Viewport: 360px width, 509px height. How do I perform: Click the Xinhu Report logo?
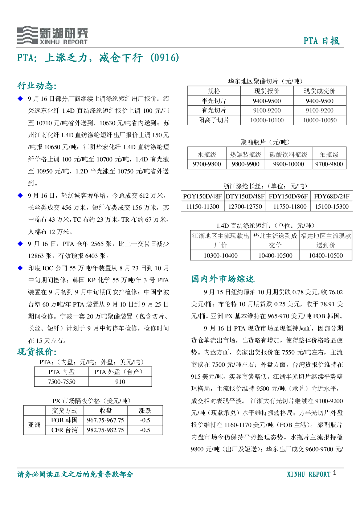click(52, 35)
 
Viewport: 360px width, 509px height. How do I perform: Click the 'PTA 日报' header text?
click(322, 41)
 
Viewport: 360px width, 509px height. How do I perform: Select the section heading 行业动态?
click(37, 86)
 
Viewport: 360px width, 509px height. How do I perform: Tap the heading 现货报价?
click(37, 352)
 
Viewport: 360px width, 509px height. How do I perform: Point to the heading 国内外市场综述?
click(223, 279)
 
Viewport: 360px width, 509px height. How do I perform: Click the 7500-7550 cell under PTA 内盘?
click(62, 382)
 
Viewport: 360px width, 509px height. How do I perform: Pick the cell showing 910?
click(120, 382)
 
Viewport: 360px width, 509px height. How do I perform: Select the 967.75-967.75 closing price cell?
click(106, 420)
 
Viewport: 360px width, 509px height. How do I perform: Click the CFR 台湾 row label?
click(65, 430)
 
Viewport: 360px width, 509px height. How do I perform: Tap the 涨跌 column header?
click(145, 411)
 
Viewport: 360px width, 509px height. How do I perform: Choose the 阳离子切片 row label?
click(214, 120)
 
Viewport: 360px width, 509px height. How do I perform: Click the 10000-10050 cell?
click(320, 120)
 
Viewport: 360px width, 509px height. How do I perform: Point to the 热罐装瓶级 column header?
click(245, 155)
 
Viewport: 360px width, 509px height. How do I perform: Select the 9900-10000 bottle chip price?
click(289, 164)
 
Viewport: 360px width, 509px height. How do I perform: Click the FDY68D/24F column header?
click(332, 196)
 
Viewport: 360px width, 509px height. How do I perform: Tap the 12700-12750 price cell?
click(245, 206)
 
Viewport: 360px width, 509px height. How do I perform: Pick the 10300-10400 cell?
click(221, 255)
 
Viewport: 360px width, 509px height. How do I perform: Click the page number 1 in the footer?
click(335, 473)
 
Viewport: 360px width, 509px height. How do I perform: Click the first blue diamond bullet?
click(20, 99)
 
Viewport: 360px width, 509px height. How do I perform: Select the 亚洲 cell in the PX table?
click(34, 425)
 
